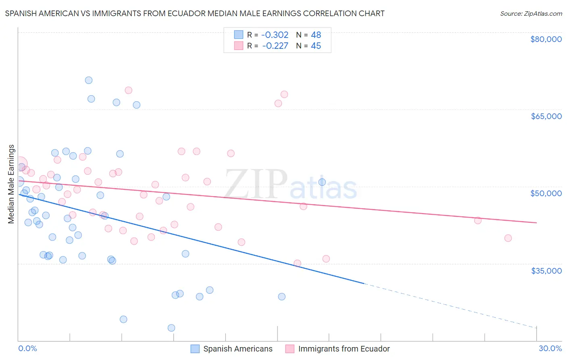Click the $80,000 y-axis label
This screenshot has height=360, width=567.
pos(546,39)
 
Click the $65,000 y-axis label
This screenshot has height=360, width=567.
pos(546,116)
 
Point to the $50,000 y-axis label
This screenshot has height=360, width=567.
pos(546,193)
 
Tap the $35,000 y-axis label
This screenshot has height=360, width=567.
pos(546,270)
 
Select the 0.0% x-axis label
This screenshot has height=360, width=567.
pos(27,348)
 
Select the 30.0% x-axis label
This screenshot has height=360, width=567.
pos(550,348)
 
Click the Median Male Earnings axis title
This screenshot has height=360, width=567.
pos(11,184)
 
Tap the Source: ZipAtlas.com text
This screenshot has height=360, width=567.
pos(531,13)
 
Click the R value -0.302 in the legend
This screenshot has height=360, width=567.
pos(275,35)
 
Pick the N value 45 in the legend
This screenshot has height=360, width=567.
pos(316,46)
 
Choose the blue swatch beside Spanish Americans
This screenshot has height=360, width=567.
pos(195,349)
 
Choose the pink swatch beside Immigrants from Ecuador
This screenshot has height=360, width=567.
pos(290,349)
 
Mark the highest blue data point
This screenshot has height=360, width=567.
pos(89,80)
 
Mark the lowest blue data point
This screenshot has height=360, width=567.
pos(171,328)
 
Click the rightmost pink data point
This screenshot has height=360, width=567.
pos(508,238)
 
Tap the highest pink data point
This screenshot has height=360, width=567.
pos(129,90)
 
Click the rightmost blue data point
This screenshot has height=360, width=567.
pos(322,182)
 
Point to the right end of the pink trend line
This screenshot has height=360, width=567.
pos(536,223)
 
